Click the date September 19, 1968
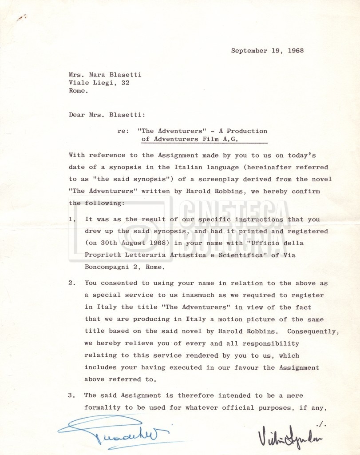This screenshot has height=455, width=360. (x=267, y=51)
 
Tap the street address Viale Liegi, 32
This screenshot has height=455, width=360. (x=99, y=83)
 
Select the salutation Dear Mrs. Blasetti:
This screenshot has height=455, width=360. (x=107, y=115)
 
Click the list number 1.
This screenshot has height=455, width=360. (x=71, y=220)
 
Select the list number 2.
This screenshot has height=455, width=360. (x=71, y=283)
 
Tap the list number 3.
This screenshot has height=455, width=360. (x=71, y=395)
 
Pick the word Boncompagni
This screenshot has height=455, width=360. (x=107, y=267)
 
